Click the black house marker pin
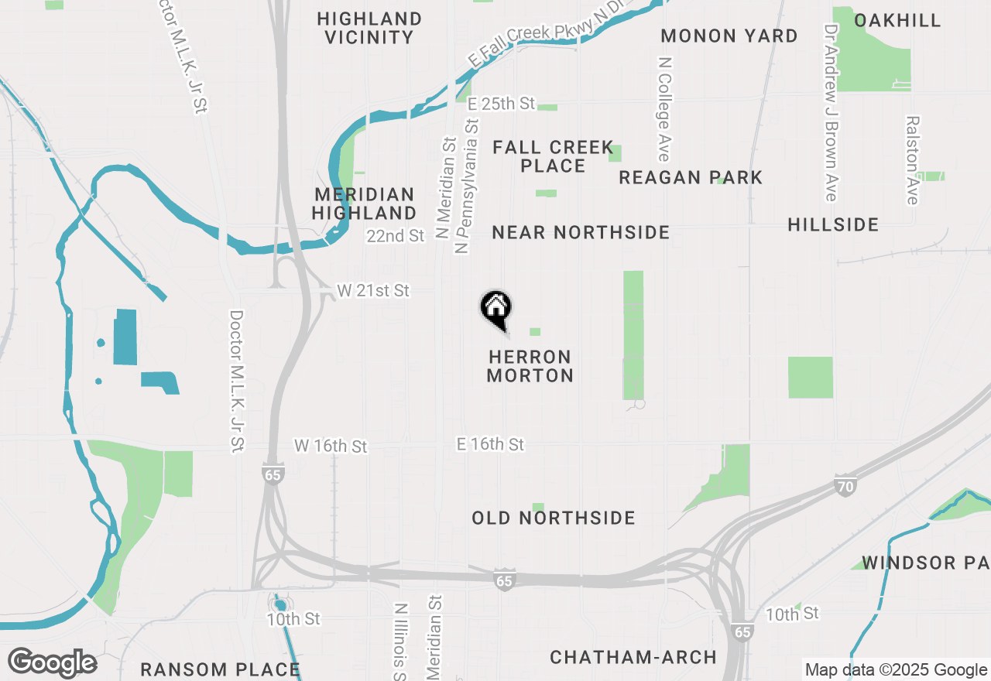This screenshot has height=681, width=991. (x=495, y=308)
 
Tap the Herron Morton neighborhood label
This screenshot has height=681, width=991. (x=530, y=367)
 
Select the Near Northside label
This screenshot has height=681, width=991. (x=581, y=232)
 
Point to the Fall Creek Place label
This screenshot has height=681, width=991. (x=553, y=156)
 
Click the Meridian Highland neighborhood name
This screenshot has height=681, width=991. (x=365, y=204)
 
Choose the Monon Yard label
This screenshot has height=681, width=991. (x=729, y=36)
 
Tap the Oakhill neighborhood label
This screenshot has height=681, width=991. (x=897, y=21)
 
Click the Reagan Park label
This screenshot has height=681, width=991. (x=691, y=178)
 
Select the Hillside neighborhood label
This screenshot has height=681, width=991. (x=833, y=225)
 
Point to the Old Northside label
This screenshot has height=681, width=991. (x=554, y=518)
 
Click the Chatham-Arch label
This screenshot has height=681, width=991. (x=633, y=658)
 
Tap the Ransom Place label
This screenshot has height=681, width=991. (x=220, y=669)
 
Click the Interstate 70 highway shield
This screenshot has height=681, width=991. (x=845, y=487)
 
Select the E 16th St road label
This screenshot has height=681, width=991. (x=490, y=444)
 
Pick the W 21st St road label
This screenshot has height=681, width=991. (x=373, y=291)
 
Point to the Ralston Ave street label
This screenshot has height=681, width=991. (x=913, y=160)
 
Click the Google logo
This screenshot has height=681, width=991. (x=52, y=663)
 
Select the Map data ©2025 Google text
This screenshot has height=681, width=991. (x=895, y=670)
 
